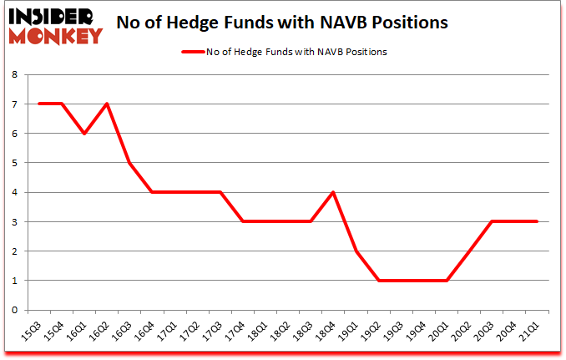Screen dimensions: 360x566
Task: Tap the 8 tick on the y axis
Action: [15, 74]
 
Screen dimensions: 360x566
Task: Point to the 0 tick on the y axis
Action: [15, 310]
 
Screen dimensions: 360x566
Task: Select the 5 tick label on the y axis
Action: [15, 163]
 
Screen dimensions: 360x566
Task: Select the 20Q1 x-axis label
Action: [443, 327]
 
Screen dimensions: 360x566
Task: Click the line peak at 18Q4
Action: [334, 192]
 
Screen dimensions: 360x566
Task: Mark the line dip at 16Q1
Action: [84, 134]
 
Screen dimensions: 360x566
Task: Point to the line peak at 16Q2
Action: [107, 104]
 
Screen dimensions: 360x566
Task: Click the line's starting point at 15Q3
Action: [39, 104]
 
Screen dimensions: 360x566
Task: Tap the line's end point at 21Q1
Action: [538, 221]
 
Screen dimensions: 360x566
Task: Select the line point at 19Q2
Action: [379, 281]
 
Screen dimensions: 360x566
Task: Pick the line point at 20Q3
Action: [493, 221]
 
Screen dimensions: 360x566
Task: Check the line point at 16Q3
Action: [129, 163]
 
